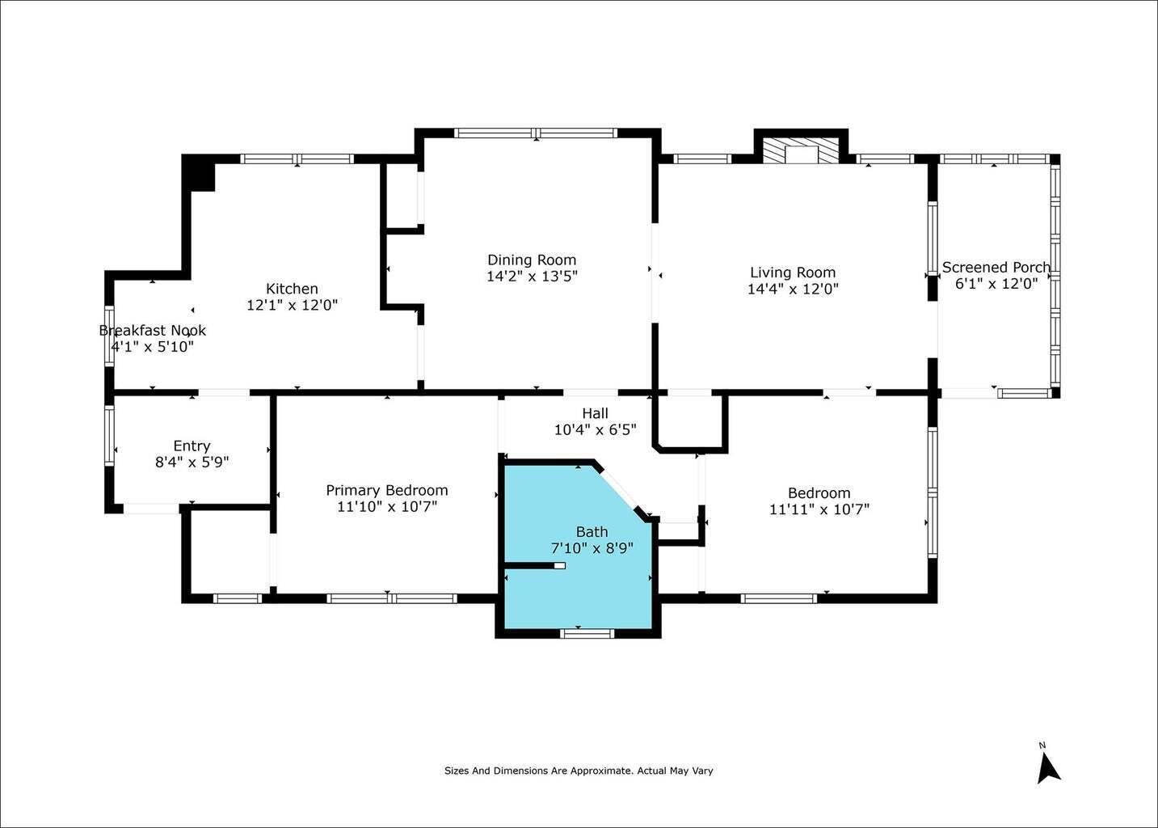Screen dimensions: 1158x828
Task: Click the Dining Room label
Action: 532,260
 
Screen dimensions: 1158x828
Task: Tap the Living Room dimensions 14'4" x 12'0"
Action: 793,289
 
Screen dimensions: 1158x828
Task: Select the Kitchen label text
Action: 292,289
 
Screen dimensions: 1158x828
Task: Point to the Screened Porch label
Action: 996,268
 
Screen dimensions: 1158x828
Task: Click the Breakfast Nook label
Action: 153,330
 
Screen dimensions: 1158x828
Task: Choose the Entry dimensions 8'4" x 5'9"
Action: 192,462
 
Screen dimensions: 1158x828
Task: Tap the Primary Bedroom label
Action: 387,490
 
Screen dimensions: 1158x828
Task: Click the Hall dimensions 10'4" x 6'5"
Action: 595,430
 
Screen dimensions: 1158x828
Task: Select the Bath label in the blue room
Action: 592,532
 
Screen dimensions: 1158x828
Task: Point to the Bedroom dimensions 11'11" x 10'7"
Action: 819,509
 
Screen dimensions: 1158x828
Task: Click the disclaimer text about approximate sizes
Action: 579,771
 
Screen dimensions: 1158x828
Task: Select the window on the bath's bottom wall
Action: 587,633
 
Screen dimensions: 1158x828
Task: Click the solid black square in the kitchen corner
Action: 198,173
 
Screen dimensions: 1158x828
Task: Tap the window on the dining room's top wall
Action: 536,133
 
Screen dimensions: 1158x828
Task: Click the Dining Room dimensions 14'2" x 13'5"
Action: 532,277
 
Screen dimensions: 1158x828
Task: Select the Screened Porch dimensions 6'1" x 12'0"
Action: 996,284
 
